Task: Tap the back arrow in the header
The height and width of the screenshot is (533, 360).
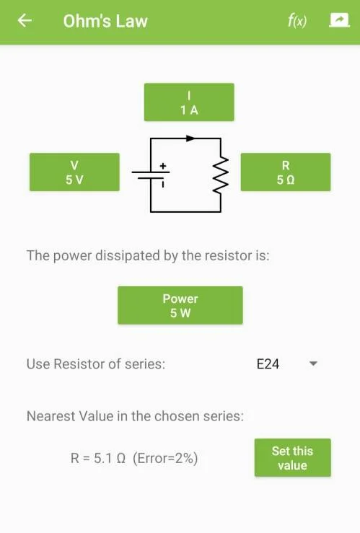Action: [x=25, y=20]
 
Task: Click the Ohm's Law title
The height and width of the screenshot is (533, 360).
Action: [x=105, y=21]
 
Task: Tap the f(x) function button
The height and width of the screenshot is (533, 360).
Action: [x=297, y=21]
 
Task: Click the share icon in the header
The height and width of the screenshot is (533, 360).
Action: [x=339, y=20]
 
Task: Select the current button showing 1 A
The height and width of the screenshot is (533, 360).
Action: [x=189, y=102]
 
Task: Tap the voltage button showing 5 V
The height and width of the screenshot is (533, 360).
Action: [x=74, y=172]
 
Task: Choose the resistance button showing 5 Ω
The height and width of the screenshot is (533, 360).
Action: [x=286, y=172]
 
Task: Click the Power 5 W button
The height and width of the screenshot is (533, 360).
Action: [x=180, y=305]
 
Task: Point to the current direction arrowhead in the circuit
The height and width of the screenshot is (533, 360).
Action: [x=190, y=138]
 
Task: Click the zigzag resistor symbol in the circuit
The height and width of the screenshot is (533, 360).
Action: [x=221, y=176]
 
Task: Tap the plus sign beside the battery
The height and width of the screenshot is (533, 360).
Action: [x=163, y=166]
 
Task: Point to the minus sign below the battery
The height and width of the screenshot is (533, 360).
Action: [x=163, y=185]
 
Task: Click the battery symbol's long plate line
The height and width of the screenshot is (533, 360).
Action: [x=151, y=172]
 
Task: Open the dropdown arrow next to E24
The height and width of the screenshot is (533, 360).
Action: [x=313, y=364]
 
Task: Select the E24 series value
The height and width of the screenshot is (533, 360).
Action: [x=268, y=364]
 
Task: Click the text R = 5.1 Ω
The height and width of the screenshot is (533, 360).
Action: [x=98, y=458]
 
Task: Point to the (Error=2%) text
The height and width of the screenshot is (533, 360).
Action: [x=165, y=459]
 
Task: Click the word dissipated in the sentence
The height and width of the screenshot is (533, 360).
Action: [x=128, y=255]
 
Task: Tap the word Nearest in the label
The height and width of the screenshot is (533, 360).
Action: [x=51, y=416]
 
